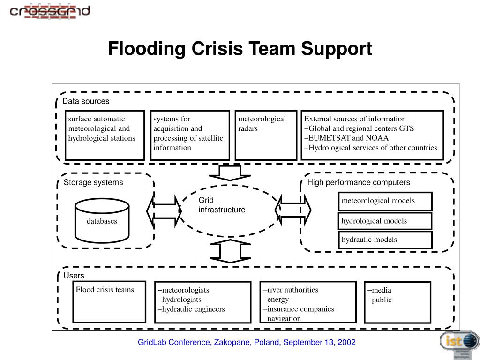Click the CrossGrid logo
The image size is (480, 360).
click(x=50, y=12)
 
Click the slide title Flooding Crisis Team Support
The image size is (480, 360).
click(x=240, y=48)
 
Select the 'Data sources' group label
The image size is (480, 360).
click(x=86, y=101)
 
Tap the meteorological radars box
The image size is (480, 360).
click(x=266, y=135)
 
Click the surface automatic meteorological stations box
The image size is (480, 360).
click(x=105, y=135)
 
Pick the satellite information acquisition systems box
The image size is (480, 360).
click(x=190, y=135)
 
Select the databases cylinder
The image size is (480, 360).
click(x=102, y=220)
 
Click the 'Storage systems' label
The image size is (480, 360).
click(x=93, y=182)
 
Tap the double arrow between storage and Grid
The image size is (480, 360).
click(x=164, y=211)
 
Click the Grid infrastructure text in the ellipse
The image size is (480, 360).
click(x=222, y=205)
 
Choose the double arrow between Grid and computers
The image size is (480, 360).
click(x=293, y=210)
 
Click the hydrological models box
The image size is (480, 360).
click(x=385, y=221)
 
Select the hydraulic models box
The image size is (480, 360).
click(x=385, y=240)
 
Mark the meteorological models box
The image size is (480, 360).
click(x=385, y=201)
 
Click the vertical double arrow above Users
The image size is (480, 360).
click(x=230, y=251)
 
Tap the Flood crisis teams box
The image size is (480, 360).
click(x=109, y=302)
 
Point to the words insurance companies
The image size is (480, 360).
click(x=300, y=309)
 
